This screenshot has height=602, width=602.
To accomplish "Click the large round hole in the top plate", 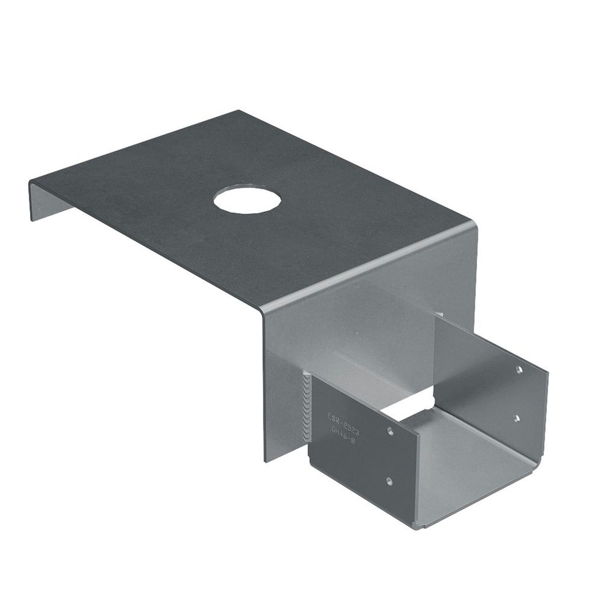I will (x=247, y=200).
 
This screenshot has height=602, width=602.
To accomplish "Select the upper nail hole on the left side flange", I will (x=390, y=429).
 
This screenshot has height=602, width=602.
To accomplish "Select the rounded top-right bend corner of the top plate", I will (x=472, y=221).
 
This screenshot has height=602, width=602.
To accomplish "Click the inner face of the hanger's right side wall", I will (x=482, y=361).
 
